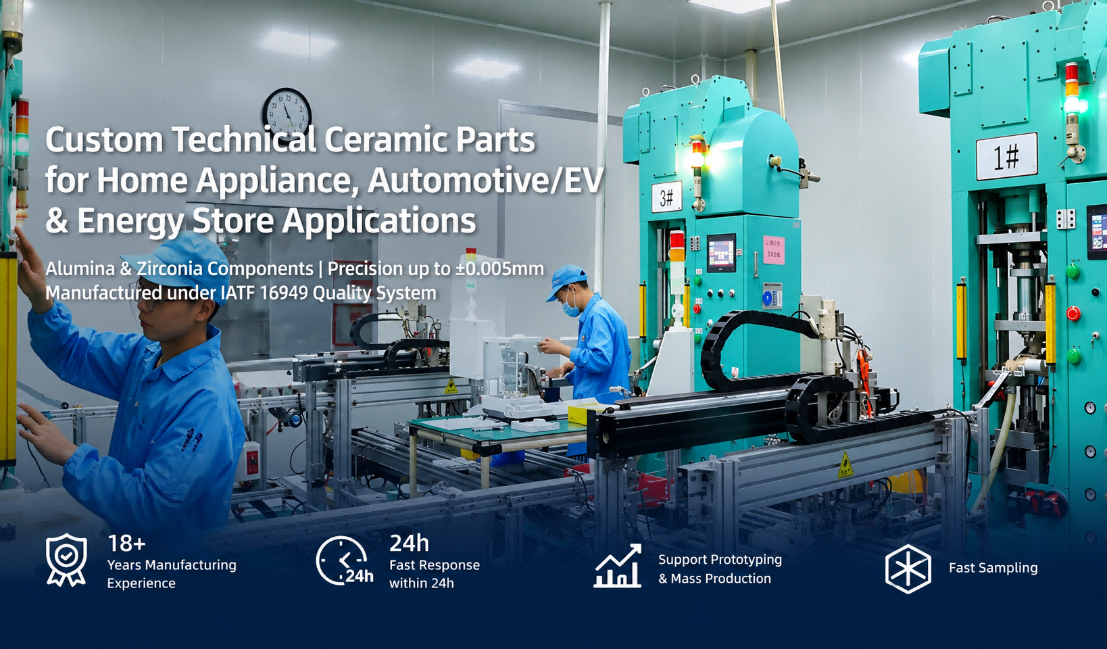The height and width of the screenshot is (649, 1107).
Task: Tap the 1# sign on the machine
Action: click(x=1006, y=156)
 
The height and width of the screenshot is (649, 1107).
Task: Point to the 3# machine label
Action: click(x=666, y=197)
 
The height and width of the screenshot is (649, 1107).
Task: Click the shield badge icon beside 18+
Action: click(x=66, y=560)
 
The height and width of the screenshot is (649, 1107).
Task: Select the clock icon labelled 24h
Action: click(x=344, y=560)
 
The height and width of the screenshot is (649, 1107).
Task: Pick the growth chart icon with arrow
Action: click(x=617, y=565)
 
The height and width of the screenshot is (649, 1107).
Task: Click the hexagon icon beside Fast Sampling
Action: click(x=908, y=569)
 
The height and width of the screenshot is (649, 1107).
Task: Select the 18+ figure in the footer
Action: click(x=126, y=544)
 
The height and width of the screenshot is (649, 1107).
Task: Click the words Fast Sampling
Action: click(x=993, y=568)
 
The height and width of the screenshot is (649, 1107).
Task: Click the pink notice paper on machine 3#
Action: click(x=773, y=249)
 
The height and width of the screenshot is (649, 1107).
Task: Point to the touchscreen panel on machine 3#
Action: click(x=721, y=253)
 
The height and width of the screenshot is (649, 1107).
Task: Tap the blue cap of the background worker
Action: click(x=566, y=281)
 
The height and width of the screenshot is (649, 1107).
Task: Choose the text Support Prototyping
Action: click(x=720, y=560)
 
